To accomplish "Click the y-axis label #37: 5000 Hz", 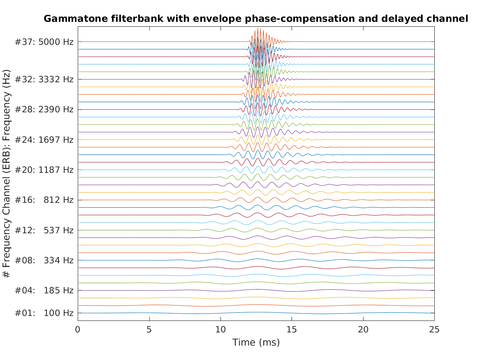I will (44, 42).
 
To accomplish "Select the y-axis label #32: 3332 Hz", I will (44, 79).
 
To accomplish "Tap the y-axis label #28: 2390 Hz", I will (44, 109).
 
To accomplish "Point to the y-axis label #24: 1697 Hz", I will (44, 140).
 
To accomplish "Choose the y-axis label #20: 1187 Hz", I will (44, 170).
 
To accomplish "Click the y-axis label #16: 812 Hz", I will (44, 200).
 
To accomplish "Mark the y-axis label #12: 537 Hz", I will (44, 230).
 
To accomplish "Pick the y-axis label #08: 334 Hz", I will (44, 260).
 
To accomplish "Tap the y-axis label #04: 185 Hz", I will (44, 290).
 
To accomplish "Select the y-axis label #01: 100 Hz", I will (44, 313).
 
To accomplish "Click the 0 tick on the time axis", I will (78, 330).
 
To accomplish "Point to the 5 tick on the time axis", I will (149, 330).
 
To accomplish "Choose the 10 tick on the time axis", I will (220, 330).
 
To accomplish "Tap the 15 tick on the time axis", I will (292, 330).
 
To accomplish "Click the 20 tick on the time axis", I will (363, 330).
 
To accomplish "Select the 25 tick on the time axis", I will (434, 330).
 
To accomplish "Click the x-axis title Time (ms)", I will (256, 342).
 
